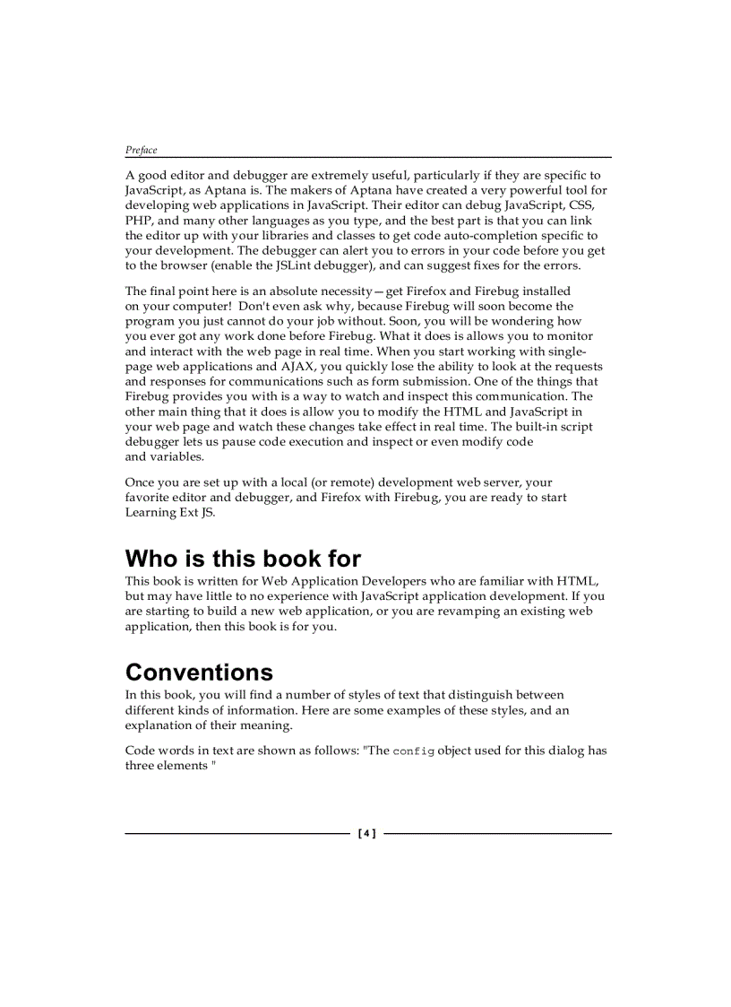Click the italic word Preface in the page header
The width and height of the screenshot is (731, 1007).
(141, 150)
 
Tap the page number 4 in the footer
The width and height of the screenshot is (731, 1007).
(367, 834)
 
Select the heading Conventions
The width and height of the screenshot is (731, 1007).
(199, 672)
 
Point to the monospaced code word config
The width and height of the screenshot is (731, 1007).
(414, 751)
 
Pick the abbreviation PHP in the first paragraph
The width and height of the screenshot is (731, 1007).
(139, 221)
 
